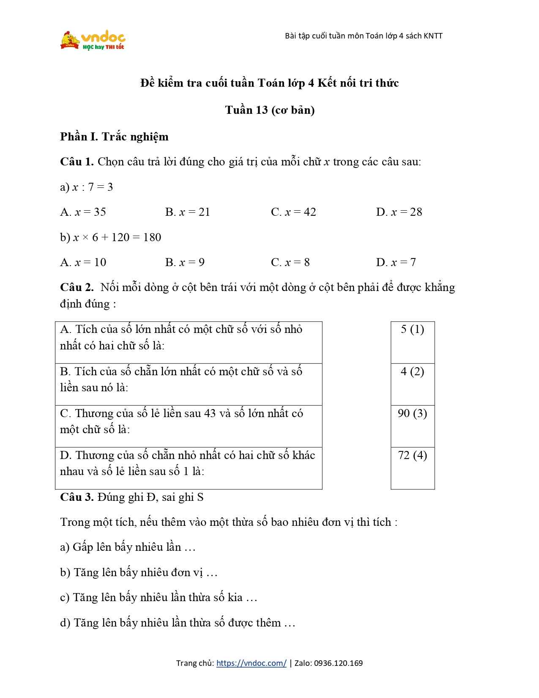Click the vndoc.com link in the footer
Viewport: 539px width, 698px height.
pos(251,663)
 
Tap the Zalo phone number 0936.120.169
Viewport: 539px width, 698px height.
pos(338,663)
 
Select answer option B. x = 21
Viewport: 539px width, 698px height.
pos(187,212)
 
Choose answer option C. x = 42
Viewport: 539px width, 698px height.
pos(293,212)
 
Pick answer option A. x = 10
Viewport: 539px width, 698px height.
pos(83,262)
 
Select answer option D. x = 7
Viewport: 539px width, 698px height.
pos(396,262)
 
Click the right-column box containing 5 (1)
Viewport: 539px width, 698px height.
pos(413,342)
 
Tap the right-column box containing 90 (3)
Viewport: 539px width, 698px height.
pos(413,426)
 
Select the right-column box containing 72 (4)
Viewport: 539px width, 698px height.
pos(413,467)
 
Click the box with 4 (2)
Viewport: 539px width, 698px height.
pos(413,384)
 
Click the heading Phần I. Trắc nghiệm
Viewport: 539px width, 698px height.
pos(114,137)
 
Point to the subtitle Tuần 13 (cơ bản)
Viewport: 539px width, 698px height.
pos(270,110)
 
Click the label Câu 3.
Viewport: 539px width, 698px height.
pos(77,497)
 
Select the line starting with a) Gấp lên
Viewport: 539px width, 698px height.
pos(128,547)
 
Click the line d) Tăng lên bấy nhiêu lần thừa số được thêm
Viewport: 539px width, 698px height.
pos(178,623)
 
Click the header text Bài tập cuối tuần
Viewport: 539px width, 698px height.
pos(364,36)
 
